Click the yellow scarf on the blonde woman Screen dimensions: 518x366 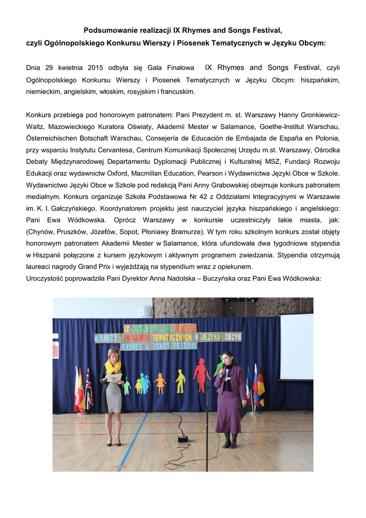click(x=113, y=366)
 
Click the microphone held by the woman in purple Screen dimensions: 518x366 click(x=221, y=365)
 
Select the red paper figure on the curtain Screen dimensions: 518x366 click(x=201, y=375)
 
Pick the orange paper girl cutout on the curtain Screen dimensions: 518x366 click(x=161, y=382)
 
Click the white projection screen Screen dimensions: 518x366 click(x=296, y=347)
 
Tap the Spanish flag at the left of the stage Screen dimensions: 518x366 click(x=79, y=390)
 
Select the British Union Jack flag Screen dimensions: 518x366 click(x=88, y=387)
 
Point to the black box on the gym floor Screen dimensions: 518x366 click(x=183, y=439)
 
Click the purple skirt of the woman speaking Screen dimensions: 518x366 click(x=228, y=412)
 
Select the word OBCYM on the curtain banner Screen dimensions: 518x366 click(x=233, y=336)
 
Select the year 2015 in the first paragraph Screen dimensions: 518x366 click(x=94, y=68)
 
